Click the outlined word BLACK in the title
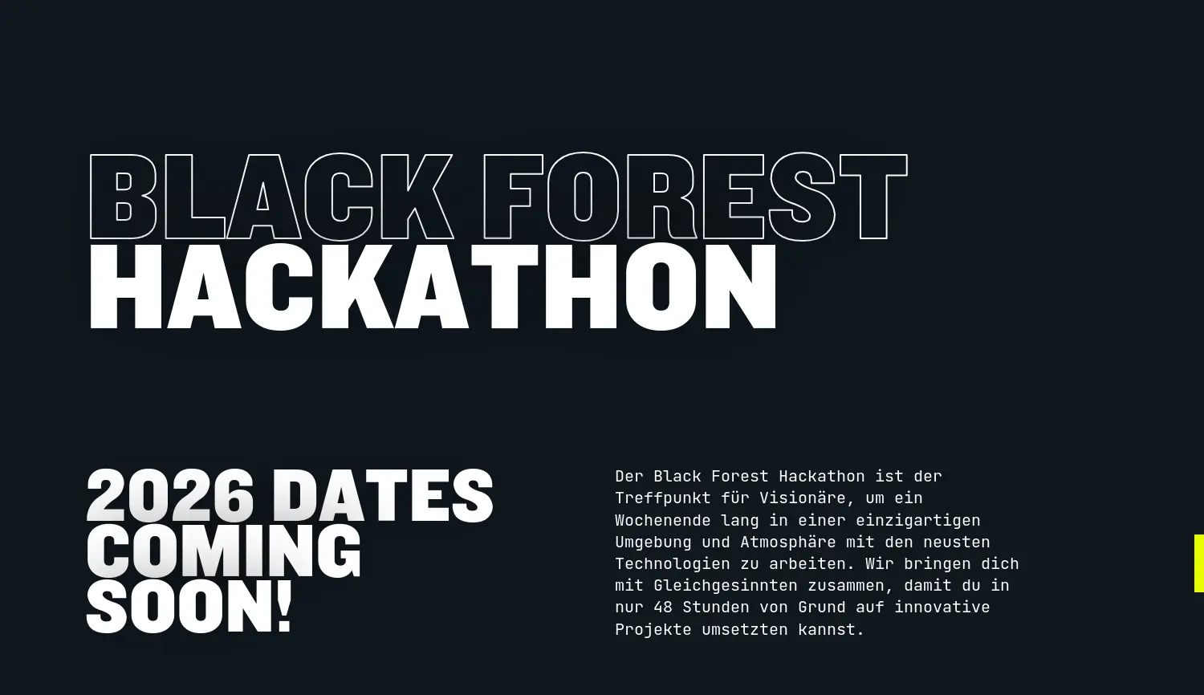(x=270, y=197)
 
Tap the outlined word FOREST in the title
(x=695, y=197)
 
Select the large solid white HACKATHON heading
(x=433, y=287)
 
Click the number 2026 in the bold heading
(x=170, y=497)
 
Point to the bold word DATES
(x=384, y=497)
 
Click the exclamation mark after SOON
(x=283, y=607)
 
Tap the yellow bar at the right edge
(x=1198, y=563)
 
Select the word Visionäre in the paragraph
(x=803, y=498)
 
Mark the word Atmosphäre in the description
(x=788, y=542)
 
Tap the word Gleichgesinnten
(x=726, y=586)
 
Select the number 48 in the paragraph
(x=663, y=608)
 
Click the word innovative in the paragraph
(x=942, y=608)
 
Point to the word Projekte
(x=653, y=630)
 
